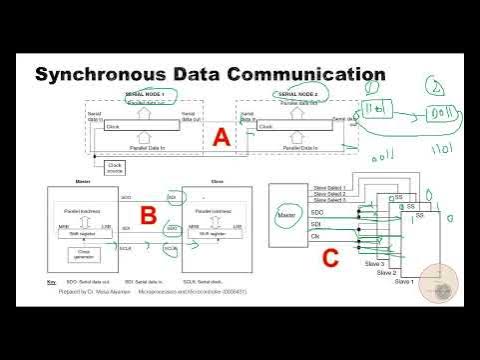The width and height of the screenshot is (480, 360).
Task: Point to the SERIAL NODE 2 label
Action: (x=297, y=93)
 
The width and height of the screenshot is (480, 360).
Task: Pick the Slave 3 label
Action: (x=385, y=262)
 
